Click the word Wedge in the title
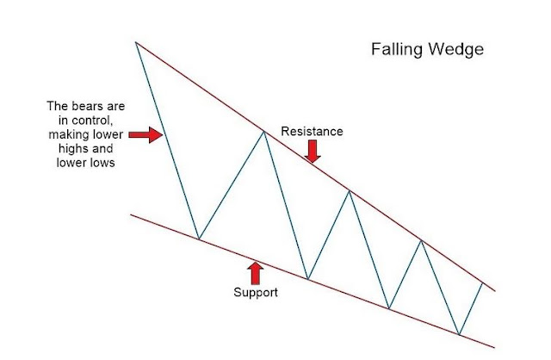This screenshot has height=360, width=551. tap(454, 50)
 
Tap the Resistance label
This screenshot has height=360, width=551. tap(312, 132)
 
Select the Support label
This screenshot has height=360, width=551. tap(256, 292)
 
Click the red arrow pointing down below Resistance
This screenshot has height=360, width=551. tap(313, 152)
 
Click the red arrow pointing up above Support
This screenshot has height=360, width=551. tap(255, 272)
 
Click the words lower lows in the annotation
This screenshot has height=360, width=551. tap(84, 162)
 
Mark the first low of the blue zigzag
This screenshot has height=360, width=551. tap(199, 239)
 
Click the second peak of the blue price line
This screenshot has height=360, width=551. tap(263, 130)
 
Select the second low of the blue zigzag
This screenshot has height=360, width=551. tap(307, 279)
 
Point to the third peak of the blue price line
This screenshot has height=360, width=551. tap(349, 190)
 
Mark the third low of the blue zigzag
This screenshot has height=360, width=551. tap(389, 308)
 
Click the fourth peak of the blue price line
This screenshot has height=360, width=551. tap(421, 240)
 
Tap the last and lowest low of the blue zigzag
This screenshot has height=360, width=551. tap(459, 334)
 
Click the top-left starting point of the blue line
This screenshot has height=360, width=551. tap(136, 41)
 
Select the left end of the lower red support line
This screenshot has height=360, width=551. tap(131, 214)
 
